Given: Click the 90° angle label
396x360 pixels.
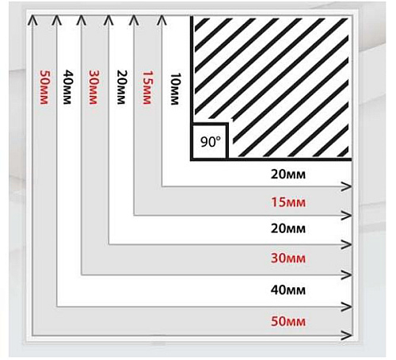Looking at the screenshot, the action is tap(211, 142).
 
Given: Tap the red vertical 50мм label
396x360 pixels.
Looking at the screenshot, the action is tap(44, 87).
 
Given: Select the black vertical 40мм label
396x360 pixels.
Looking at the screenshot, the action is tap(67, 87).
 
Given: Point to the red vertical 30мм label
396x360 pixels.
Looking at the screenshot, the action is tap(93, 87).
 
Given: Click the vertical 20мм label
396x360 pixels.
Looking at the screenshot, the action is tap(121, 87).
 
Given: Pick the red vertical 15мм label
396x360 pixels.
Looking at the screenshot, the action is tap(147, 87).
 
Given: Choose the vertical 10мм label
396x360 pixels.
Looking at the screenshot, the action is tap(176, 89).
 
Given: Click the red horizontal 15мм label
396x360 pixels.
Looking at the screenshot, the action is tap(288, 202).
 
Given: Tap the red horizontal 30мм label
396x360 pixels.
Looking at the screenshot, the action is tap(288, 258).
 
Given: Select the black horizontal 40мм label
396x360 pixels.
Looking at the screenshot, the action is tap(288, 290).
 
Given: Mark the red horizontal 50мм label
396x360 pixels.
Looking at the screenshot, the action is tap(288, 322).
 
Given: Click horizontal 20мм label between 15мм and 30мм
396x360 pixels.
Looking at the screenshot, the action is tap(288, 228).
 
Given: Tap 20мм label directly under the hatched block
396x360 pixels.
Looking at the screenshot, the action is tap(288, 174).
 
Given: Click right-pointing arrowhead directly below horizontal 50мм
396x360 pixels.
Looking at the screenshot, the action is tap(346, 335).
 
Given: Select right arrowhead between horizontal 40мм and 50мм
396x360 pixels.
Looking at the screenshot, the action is tap(346, 307).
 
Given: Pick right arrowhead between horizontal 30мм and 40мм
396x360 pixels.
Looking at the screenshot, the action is tap(346, 275).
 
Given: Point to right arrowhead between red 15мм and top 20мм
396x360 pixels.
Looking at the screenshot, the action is tap(346, 186).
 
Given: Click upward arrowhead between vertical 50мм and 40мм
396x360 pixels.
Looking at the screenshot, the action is tap(57, 20).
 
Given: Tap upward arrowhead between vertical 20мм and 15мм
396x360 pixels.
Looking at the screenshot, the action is tap(134, 20).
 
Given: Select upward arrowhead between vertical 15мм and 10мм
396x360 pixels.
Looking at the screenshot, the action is tap(162, 20).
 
